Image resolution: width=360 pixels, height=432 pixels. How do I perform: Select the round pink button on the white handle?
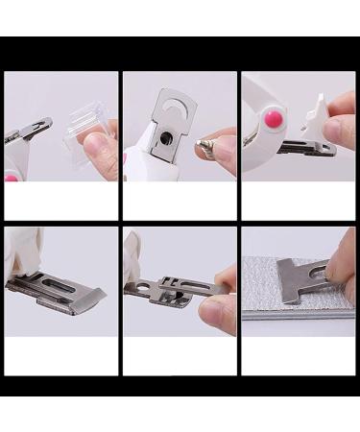[x=275, y=119]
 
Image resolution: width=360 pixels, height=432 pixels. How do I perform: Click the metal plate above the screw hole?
[x=171, y=104]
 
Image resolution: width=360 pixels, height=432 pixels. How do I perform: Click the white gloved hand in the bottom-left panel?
[x=19, y=252]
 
